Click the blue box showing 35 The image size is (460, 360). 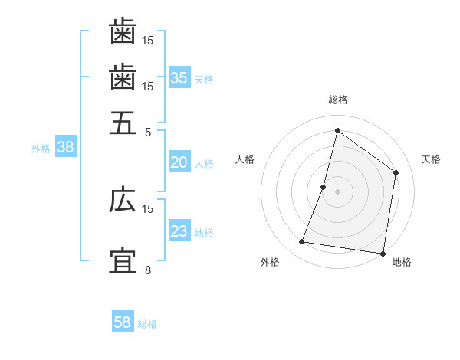click(179, 78)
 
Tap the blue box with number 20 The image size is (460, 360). click(179, 162)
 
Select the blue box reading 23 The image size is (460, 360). click(179, 231)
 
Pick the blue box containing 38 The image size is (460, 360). click(65, 148)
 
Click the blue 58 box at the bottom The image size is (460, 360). click(123, 322)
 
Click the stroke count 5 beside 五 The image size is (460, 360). click(149, 131)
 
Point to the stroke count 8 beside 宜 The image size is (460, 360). click(149, 270)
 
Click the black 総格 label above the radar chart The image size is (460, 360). click(337, 100)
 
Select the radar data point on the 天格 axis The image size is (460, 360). click(396, 172)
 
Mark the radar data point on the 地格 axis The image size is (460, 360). click(383, 253)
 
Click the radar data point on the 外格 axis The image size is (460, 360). click(302, 242)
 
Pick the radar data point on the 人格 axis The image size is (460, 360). click(324, 187)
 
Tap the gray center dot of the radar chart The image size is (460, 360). click(337, 191)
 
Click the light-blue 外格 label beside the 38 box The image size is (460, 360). click(41, 149)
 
